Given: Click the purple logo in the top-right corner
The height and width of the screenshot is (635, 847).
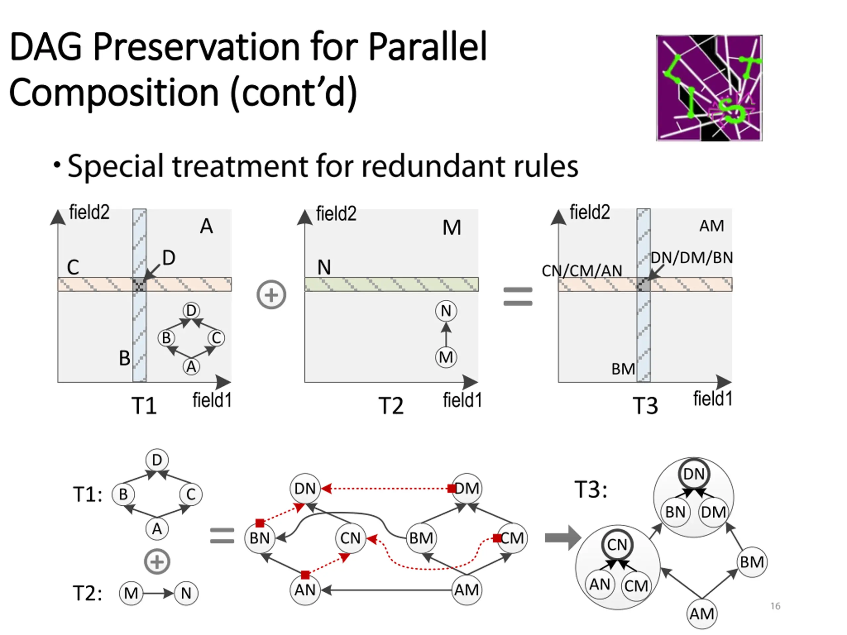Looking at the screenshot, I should coord(709,88).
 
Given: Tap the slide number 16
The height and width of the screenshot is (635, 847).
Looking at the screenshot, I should coord(776,606).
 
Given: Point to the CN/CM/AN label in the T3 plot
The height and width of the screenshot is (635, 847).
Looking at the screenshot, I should coord(582,271).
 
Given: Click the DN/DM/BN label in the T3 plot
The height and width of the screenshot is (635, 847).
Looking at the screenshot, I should coord(691,258).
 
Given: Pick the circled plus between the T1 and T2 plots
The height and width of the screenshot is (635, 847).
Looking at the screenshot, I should coord(271,295).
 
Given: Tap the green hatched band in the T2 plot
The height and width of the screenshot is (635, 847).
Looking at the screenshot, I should coord(391,284).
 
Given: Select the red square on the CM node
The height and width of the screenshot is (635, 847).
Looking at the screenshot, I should coord(497,538).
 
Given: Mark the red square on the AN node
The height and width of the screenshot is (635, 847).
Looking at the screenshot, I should coord(305,574).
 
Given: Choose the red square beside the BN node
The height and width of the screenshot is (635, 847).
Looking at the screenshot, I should coord(260,523).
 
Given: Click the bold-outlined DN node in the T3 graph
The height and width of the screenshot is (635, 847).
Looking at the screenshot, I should coord(694,474).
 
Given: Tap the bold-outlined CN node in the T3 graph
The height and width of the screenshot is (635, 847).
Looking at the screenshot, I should coord(617,545).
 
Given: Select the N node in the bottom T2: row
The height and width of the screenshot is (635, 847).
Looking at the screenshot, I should coord(186,593).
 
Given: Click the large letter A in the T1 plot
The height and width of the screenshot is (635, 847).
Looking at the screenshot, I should coord(206,226).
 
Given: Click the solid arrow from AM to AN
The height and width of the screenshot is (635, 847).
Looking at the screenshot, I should coord(387,590).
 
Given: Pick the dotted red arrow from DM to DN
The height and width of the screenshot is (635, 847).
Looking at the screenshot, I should coord(387,488).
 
